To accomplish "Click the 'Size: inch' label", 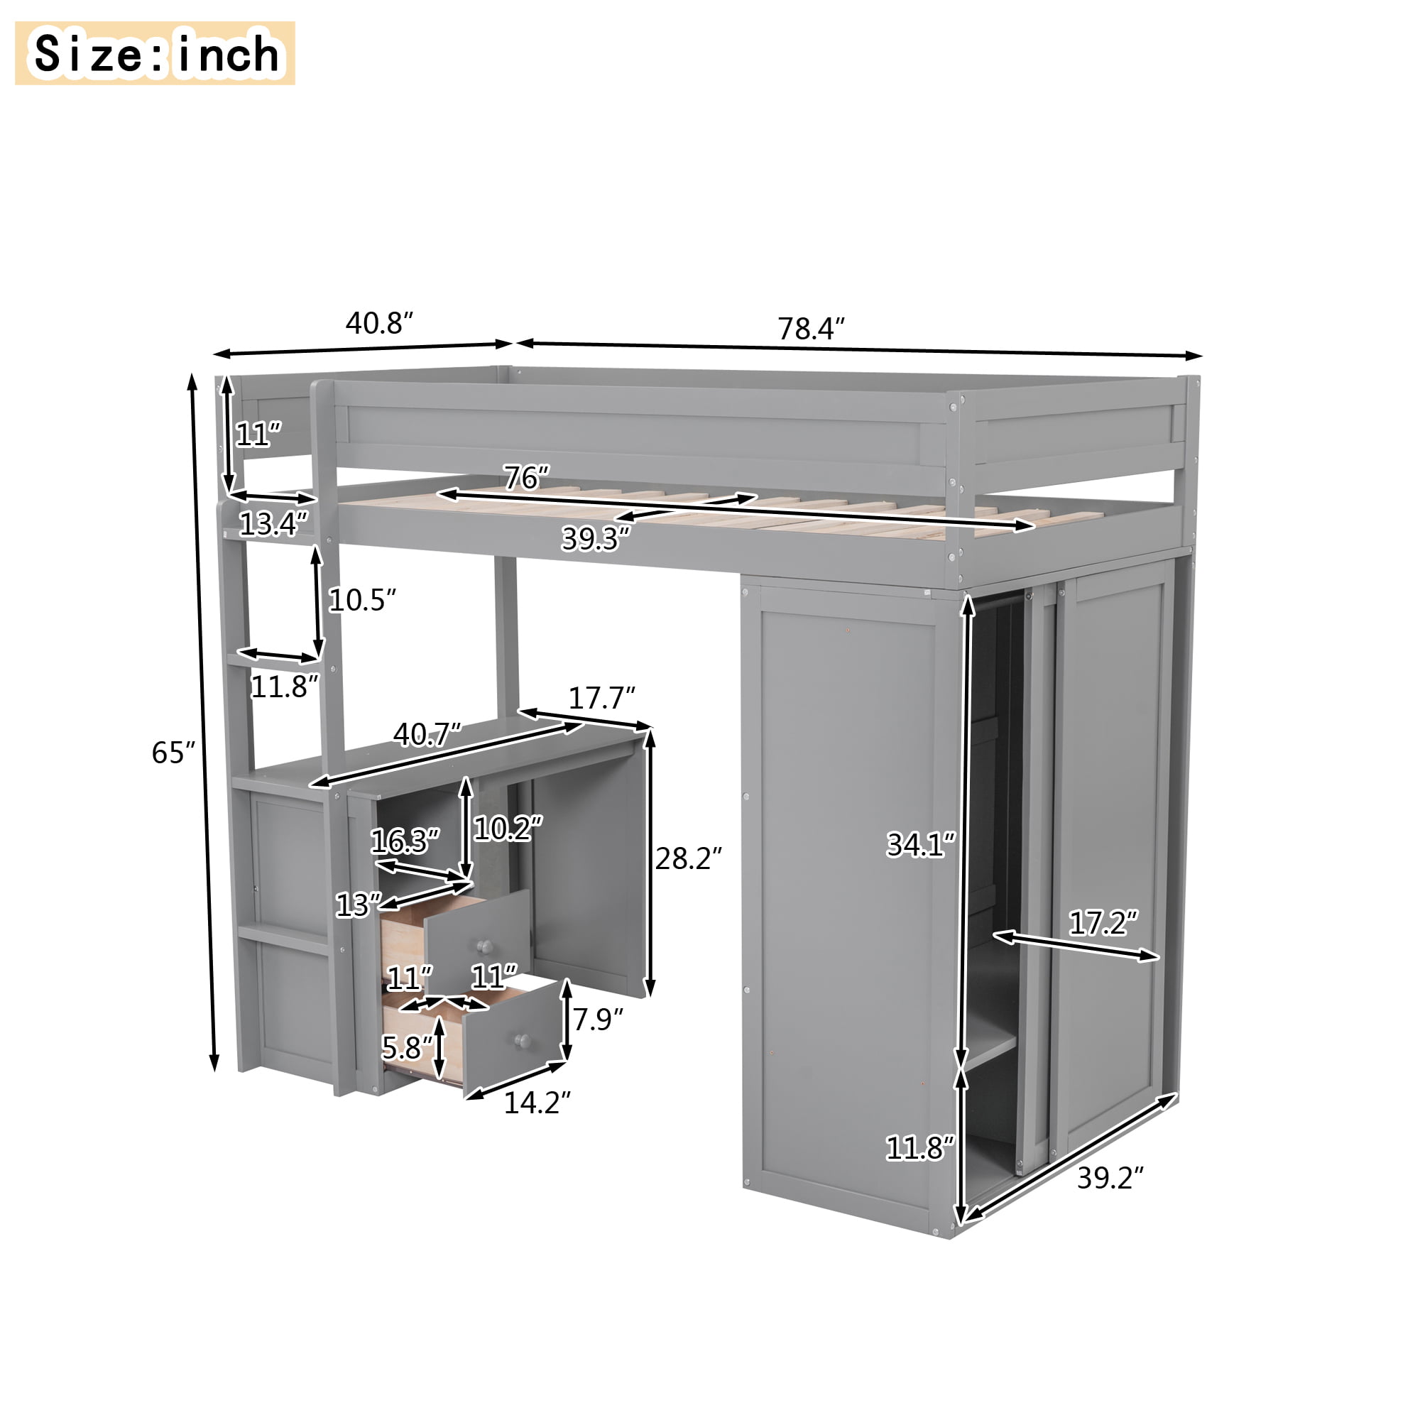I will click(155, 54).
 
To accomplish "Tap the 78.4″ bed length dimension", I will click(811, 329).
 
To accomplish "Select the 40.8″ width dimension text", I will click(379, 322).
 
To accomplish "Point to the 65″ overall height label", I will click(173, 753).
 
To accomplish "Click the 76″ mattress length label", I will click(526, 478).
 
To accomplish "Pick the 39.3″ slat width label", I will click(596, 540).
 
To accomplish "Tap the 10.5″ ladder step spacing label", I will click(362, 601).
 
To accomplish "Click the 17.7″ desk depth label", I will click(601, 698).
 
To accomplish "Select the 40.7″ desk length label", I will click(427, 734).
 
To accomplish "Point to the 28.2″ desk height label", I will click(688, 858).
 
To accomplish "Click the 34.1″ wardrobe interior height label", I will click(920, 844).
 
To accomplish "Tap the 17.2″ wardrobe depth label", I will click(1103, 922).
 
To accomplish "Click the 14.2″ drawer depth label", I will click(537, 1103).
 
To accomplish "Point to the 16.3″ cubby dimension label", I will click(404, 841).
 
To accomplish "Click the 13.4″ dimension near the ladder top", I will click(273, 524).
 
